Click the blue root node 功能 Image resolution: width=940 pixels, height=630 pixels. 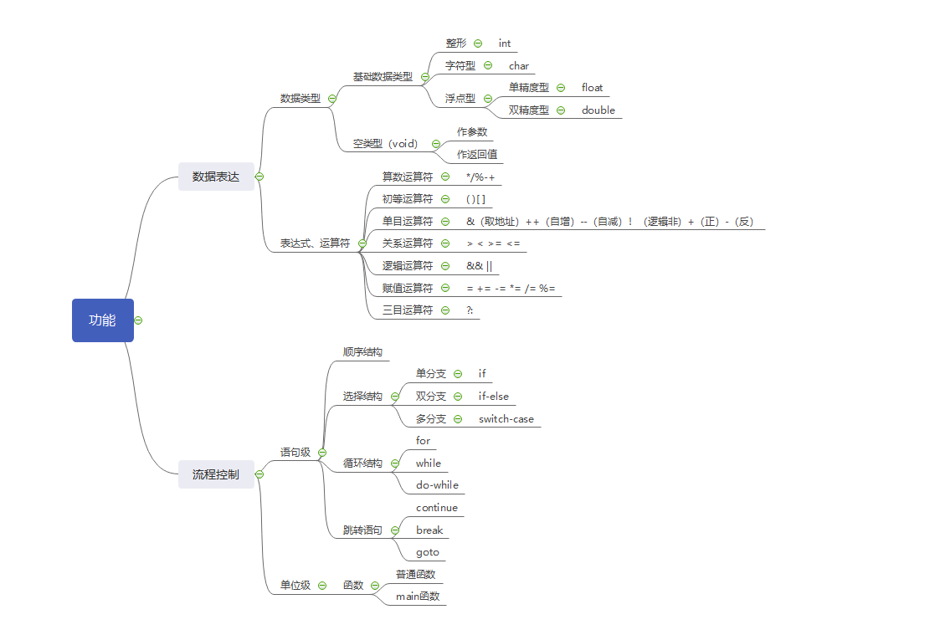(102, 320)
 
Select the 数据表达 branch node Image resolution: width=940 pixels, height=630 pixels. (216, 177)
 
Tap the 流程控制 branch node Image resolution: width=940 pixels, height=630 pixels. (216, 474)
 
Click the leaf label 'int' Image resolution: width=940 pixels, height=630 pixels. (505, 43)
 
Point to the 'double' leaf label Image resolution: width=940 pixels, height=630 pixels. (598, 110)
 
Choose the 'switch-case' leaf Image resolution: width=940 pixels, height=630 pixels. (506, 418)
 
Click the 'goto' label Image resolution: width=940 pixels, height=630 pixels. (428, 552)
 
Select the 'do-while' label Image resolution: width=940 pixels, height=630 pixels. (437, 484)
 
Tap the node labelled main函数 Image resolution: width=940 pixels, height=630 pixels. (418, 597)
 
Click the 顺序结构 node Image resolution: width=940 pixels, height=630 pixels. (362, 352)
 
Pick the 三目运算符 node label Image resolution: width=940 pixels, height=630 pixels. (408, 310)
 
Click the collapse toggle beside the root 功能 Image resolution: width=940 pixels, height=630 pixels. (138, 320)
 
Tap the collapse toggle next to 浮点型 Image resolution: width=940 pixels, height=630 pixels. (488, 99)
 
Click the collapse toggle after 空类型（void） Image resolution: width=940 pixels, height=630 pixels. (436, 144)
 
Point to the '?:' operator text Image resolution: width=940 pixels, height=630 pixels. (470, 310)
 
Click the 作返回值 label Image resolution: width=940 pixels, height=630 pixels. (477, 154)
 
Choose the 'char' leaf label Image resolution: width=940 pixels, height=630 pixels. (519, 65)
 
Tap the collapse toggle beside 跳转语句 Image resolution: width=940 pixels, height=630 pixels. (395, 530)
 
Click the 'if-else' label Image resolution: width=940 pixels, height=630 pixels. (494, 396)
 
